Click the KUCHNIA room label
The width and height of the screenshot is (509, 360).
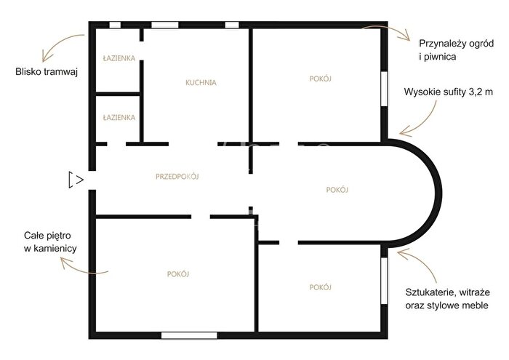(201, 82)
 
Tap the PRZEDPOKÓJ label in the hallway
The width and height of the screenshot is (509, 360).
(177, 176)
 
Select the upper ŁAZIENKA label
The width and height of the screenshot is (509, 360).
(119, 58)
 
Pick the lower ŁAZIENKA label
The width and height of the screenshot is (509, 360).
(119, 117)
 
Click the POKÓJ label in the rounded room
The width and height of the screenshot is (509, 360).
(337, 190)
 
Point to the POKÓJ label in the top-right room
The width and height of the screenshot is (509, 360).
(321, 79)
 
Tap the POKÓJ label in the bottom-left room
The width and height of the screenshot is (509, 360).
(178, 274)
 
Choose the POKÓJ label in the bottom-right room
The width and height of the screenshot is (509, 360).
(321, 287)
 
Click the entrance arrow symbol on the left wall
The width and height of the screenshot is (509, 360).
(76, 180)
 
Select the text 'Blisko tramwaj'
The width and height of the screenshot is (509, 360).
(47, 72)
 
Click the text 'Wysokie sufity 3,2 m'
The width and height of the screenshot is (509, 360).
(449, 92)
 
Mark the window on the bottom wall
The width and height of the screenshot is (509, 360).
(189, 335)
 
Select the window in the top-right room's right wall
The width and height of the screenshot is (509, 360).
(384, 89)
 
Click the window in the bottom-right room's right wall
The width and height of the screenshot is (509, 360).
(384, 281)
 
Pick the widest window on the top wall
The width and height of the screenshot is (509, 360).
(165, 25)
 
